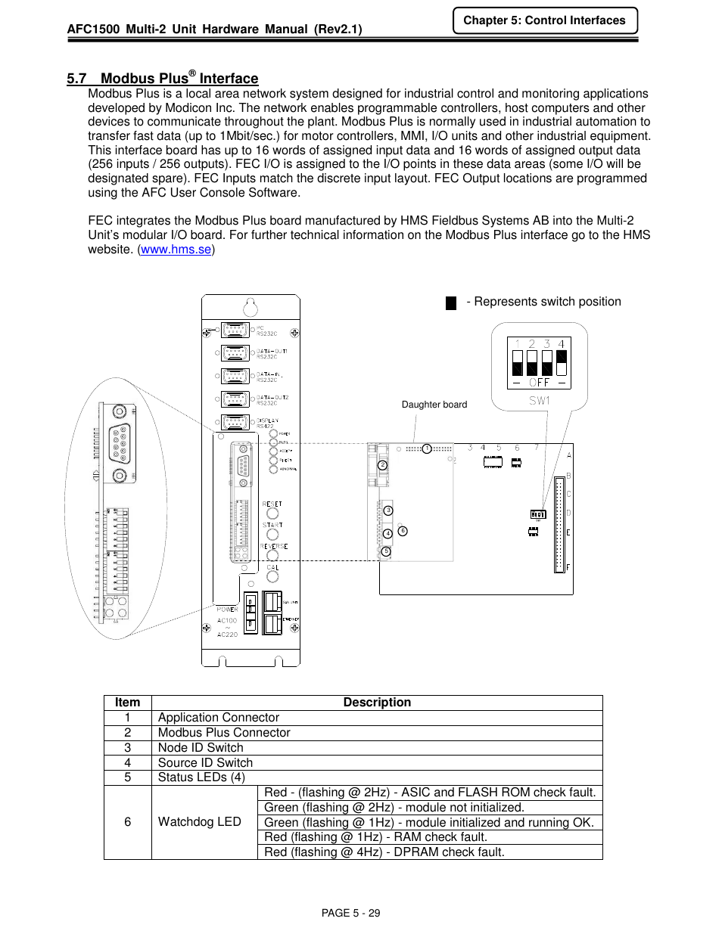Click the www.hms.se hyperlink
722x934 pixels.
coord(176,250)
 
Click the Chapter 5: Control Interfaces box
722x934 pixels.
coord(545,20)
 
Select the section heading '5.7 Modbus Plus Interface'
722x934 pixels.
coord(162,79)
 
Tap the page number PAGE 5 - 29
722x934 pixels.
coord(350,913)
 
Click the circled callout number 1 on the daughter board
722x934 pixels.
coord(427,449)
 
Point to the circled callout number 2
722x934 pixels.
coord(383,465)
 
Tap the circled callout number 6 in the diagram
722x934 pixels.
coord(403,531)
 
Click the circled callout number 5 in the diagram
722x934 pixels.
coord(386,551)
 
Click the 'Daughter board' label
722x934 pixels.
coord(434,405)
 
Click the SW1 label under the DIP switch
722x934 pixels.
coord(539,401)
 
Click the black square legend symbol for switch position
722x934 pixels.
coord(451,303)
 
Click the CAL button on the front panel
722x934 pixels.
coord(272,576)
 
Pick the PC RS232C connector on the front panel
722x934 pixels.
coord(235,330)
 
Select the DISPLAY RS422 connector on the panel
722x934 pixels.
coord(235,422)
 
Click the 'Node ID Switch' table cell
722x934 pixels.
coord(201,747)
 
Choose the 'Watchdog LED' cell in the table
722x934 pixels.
coord(200,822)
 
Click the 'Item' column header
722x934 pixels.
coord(127,703)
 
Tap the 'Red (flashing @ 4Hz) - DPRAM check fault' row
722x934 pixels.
coord(384,852)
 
